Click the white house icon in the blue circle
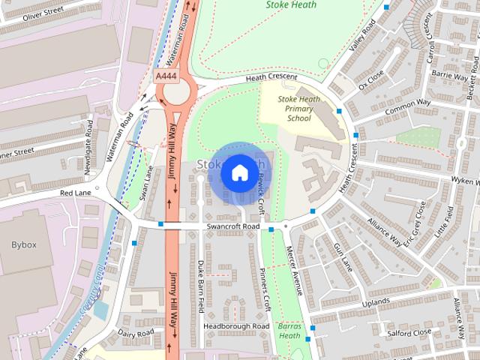[239, 172]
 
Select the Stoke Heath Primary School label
[298, 109]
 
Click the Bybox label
[24, 245]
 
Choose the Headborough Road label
[235, 327]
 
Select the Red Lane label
[75, 193]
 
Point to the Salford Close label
[409, 331]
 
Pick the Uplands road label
[376, 302]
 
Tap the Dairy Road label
[136, 333]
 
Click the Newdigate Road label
[89, 149]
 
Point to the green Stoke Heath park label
[291, 5]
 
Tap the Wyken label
[465, 181]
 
